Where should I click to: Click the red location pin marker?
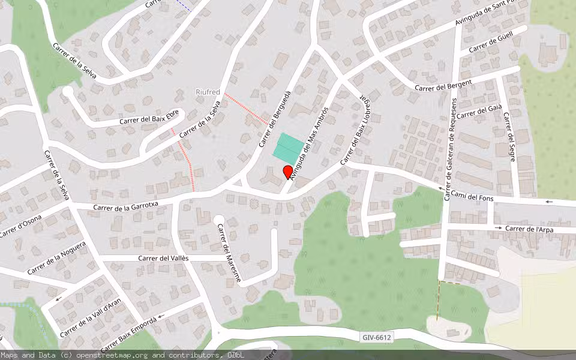tap(287, 172)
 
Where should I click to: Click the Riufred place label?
tap(208, 92)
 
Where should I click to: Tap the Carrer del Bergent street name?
tap(444, 85)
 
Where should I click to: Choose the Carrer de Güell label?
tap(490, 44)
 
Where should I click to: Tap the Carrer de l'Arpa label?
tap(529, 229)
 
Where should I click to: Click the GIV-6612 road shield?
tap(377, 338)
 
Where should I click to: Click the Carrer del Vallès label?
tap(163, 258)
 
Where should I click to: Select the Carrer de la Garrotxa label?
tap(126, 206)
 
